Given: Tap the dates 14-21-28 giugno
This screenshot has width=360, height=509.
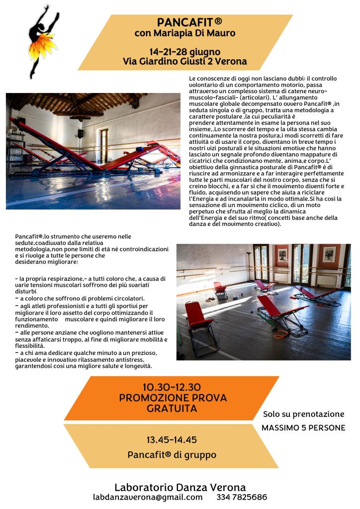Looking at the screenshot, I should click(185, 52).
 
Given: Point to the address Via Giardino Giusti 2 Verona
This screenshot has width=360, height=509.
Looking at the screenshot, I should click(185, 61).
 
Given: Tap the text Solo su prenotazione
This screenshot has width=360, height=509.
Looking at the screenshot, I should click(303, 414).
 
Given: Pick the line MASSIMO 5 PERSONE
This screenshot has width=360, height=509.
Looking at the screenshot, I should click(303, 427).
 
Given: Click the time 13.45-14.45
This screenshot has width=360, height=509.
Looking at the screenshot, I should click(172, 440).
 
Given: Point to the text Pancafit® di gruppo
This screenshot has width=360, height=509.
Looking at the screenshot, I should click(172, 454).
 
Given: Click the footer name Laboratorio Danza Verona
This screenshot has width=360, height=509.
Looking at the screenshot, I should click(180, 487).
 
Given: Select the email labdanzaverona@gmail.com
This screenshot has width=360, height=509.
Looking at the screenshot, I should click(148, 497).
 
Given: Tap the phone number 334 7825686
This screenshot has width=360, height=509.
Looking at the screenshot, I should click(242, 497).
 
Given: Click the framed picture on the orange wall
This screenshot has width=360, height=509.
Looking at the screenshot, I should click(329, 255).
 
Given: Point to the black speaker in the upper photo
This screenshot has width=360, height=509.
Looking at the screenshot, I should click(80, 133).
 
